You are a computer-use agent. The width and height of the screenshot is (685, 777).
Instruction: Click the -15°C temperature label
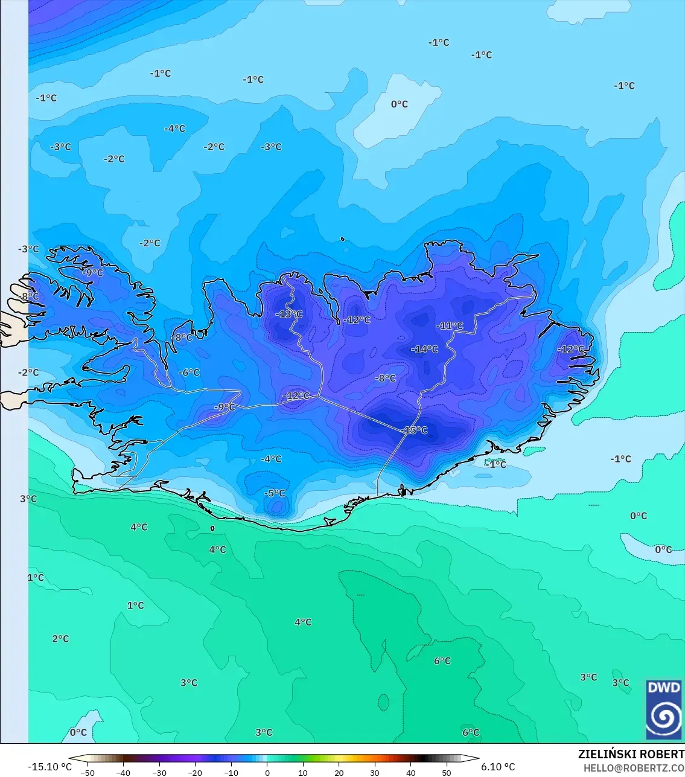click(415, 430)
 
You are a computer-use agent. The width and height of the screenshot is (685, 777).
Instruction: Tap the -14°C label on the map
click(425, 349)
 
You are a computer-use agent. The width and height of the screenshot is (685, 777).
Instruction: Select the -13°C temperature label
click(288, 314)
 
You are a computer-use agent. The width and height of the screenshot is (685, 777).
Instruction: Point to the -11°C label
click(450, 325)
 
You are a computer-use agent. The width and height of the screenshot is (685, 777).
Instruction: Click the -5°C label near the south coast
click(275, 493)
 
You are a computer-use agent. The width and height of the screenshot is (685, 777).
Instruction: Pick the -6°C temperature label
click(189, 373)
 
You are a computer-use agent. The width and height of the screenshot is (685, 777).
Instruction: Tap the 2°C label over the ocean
click(60, 639)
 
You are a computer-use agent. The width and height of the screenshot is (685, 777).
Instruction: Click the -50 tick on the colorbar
click(88, 772)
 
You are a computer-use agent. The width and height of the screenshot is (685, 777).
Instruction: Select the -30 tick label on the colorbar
click(159, 772)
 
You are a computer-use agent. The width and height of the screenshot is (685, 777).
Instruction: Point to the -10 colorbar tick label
click(231, 772)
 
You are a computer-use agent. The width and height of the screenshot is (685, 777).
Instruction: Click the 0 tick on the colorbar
click(267, 772)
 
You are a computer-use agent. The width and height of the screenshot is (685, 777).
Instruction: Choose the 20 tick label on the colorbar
click(339, 772)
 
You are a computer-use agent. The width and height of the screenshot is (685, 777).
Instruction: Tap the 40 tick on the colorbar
click(411, 772)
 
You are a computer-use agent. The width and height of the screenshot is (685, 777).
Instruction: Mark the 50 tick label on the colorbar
click(447, 772)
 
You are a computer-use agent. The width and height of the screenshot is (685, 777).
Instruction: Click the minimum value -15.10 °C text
click(49, 767)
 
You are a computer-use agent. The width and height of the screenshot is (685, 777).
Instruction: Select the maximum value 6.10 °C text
click(498, 767)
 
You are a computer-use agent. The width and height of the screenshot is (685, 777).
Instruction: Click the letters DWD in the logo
click(664, 688)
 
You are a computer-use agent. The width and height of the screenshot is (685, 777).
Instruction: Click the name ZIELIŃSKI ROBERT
click(631, 754)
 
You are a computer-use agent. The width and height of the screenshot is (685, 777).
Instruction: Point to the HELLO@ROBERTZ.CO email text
click(634, 768)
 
